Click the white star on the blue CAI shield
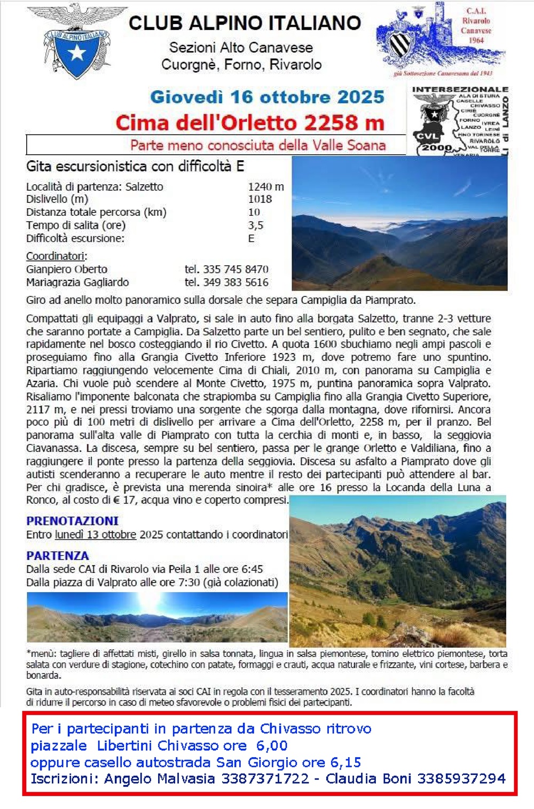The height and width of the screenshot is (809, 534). click(78, 52)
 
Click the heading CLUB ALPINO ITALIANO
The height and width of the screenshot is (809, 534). click(245, 23)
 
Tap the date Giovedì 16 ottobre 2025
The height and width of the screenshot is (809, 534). click(267, 97)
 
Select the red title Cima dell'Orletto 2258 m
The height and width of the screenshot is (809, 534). click(250, 123)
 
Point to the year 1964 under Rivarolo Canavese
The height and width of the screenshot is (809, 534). click(476, 40)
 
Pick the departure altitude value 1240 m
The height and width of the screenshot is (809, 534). click(266, 187)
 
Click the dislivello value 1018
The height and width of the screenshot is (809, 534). click(260, 199)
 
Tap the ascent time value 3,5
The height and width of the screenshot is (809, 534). click(255, 225)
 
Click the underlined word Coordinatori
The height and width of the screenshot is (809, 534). click(56, 256)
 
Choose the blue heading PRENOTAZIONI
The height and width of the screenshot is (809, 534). click(73, 521)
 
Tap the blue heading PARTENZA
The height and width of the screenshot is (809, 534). click(58, 555)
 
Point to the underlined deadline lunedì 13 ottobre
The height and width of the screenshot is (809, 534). click(96, 535)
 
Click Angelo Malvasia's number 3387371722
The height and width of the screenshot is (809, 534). click(265, 779)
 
